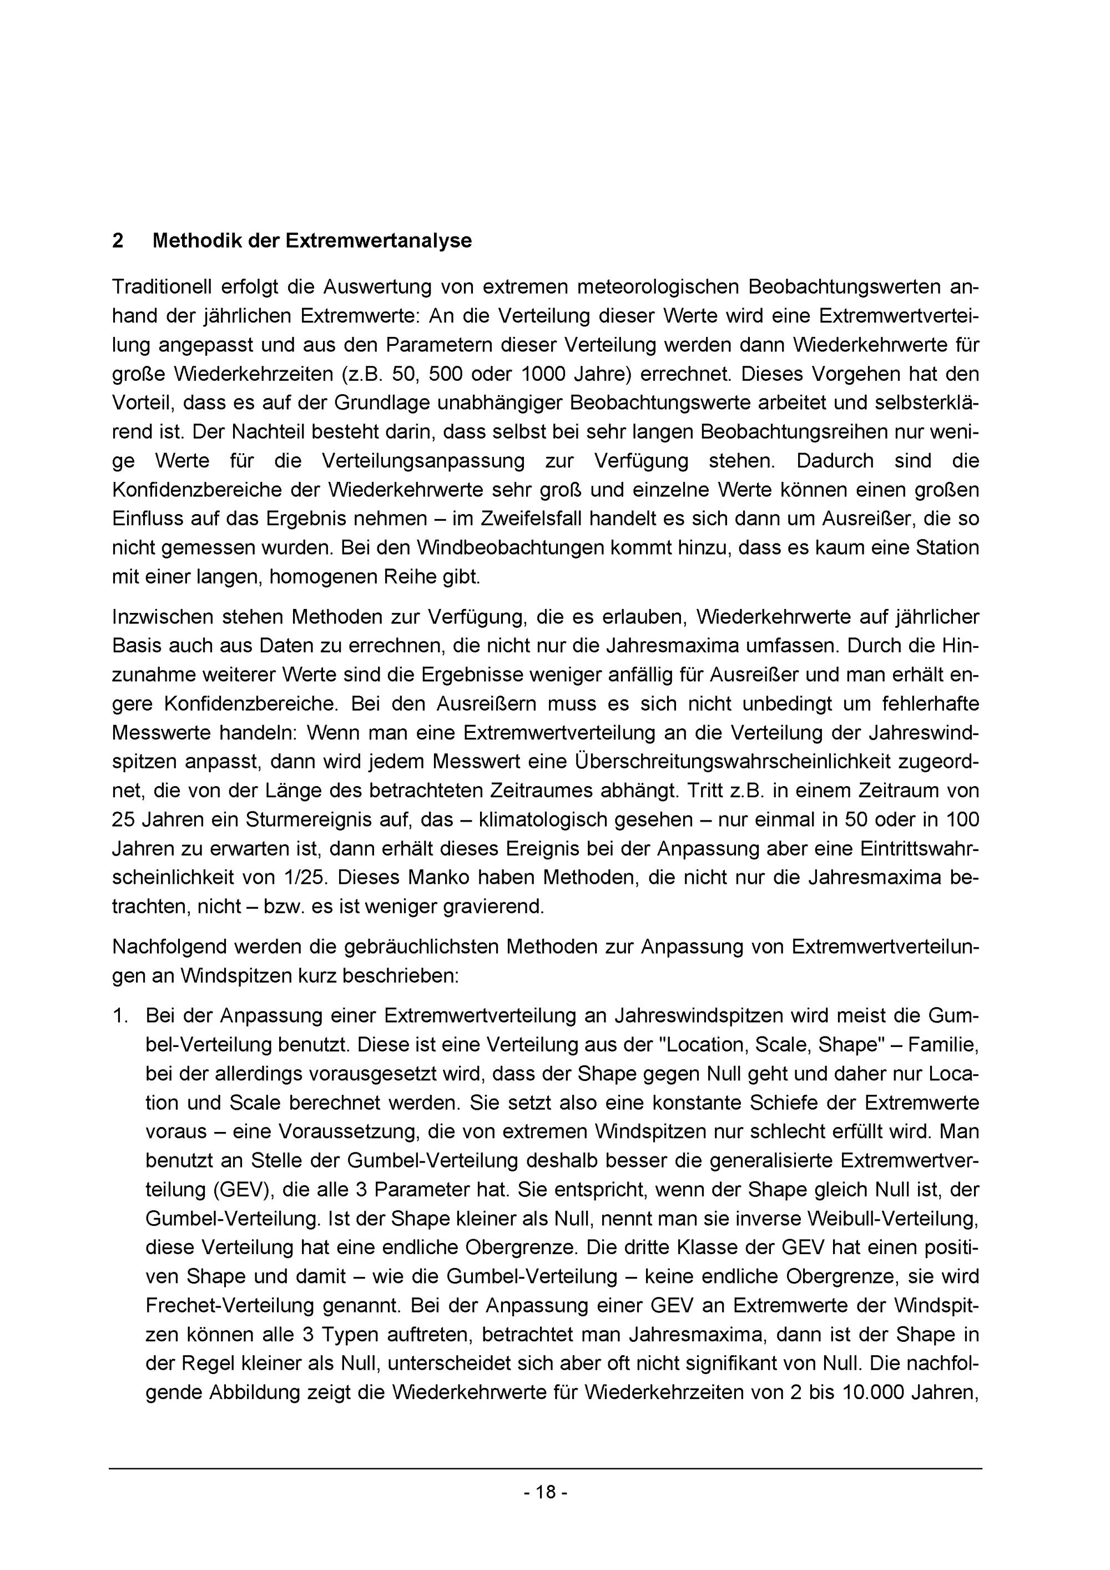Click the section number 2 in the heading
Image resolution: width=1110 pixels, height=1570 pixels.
pos(118,241)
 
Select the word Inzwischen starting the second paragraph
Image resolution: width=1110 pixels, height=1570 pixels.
pos(162,617)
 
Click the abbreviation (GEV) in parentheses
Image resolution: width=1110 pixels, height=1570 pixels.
pos(240,1190)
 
